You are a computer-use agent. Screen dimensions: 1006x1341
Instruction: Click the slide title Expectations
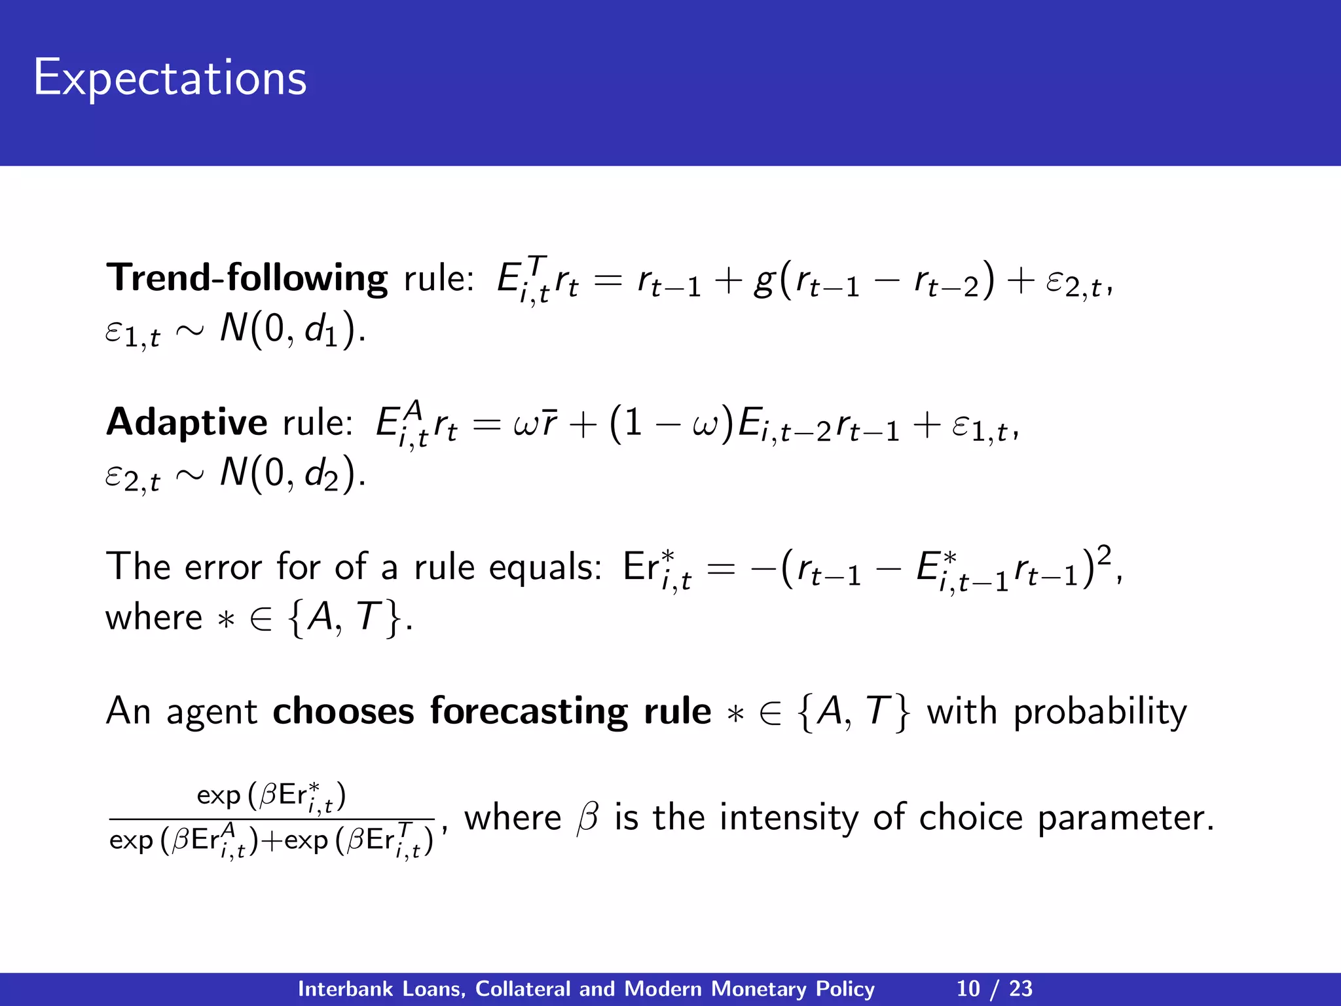point(170,79)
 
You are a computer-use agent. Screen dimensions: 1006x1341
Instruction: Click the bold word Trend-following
point(247,278)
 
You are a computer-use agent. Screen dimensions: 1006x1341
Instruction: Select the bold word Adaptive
point(187,422)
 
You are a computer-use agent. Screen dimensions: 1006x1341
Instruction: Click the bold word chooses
point(343,712)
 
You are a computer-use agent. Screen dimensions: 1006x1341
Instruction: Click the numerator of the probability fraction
point(271,796)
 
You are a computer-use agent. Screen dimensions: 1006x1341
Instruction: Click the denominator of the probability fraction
point(271,841)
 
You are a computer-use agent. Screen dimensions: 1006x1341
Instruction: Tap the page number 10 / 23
point(994,988)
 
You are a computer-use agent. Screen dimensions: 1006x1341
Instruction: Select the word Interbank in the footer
point(346,988)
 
